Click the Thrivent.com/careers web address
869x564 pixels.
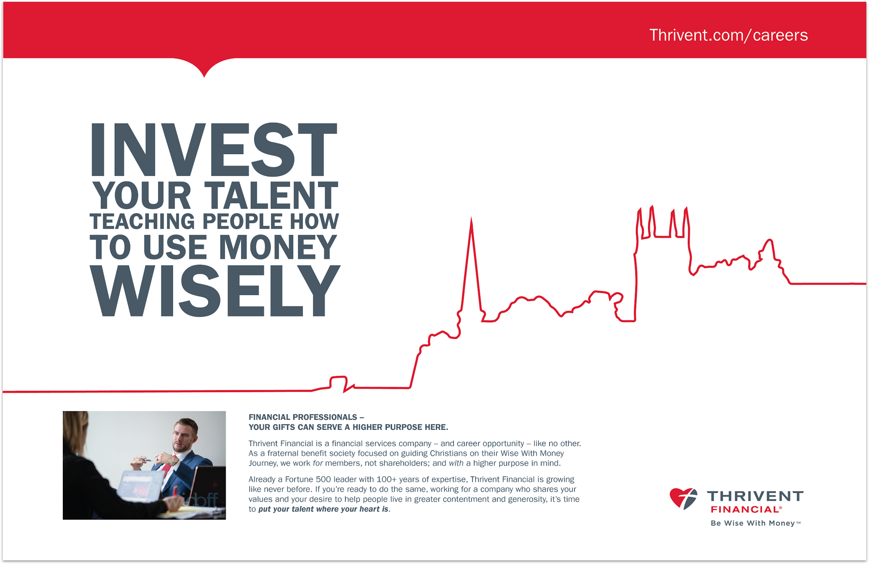(728, 35)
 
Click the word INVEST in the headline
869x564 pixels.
(214, 150)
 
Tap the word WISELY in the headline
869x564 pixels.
(215, 291)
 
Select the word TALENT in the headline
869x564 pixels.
(271, 195)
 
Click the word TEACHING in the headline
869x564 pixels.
(142, 221)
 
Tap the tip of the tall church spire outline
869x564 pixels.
(471, 218)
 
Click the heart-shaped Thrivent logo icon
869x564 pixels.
(683, 498)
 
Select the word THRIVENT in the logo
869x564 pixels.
(755, 496)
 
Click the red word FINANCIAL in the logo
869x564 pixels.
(745, 510)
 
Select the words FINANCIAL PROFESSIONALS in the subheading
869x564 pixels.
(303, 417)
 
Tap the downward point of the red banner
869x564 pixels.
(204, 77)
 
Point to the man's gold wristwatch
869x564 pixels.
(175, 461)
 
